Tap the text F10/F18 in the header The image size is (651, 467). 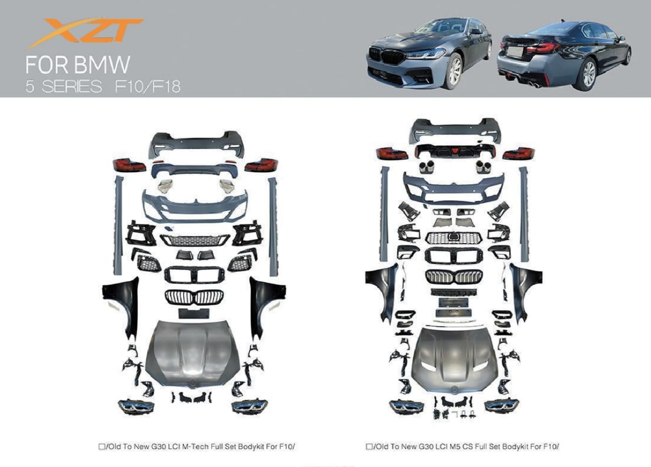(148, 87)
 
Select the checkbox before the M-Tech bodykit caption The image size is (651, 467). (101, 446)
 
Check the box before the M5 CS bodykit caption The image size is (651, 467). (369, 446)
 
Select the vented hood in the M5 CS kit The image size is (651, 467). (454, 358)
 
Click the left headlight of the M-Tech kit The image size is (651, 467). (136, 406)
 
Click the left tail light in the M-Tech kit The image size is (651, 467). (129, 165)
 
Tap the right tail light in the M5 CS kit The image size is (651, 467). (519, 154)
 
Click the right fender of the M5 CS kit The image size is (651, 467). (524, 290)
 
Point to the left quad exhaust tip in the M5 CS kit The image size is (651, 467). (427, 166)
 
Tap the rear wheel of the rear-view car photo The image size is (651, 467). (590, 74)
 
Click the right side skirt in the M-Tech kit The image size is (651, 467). (273, 227)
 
